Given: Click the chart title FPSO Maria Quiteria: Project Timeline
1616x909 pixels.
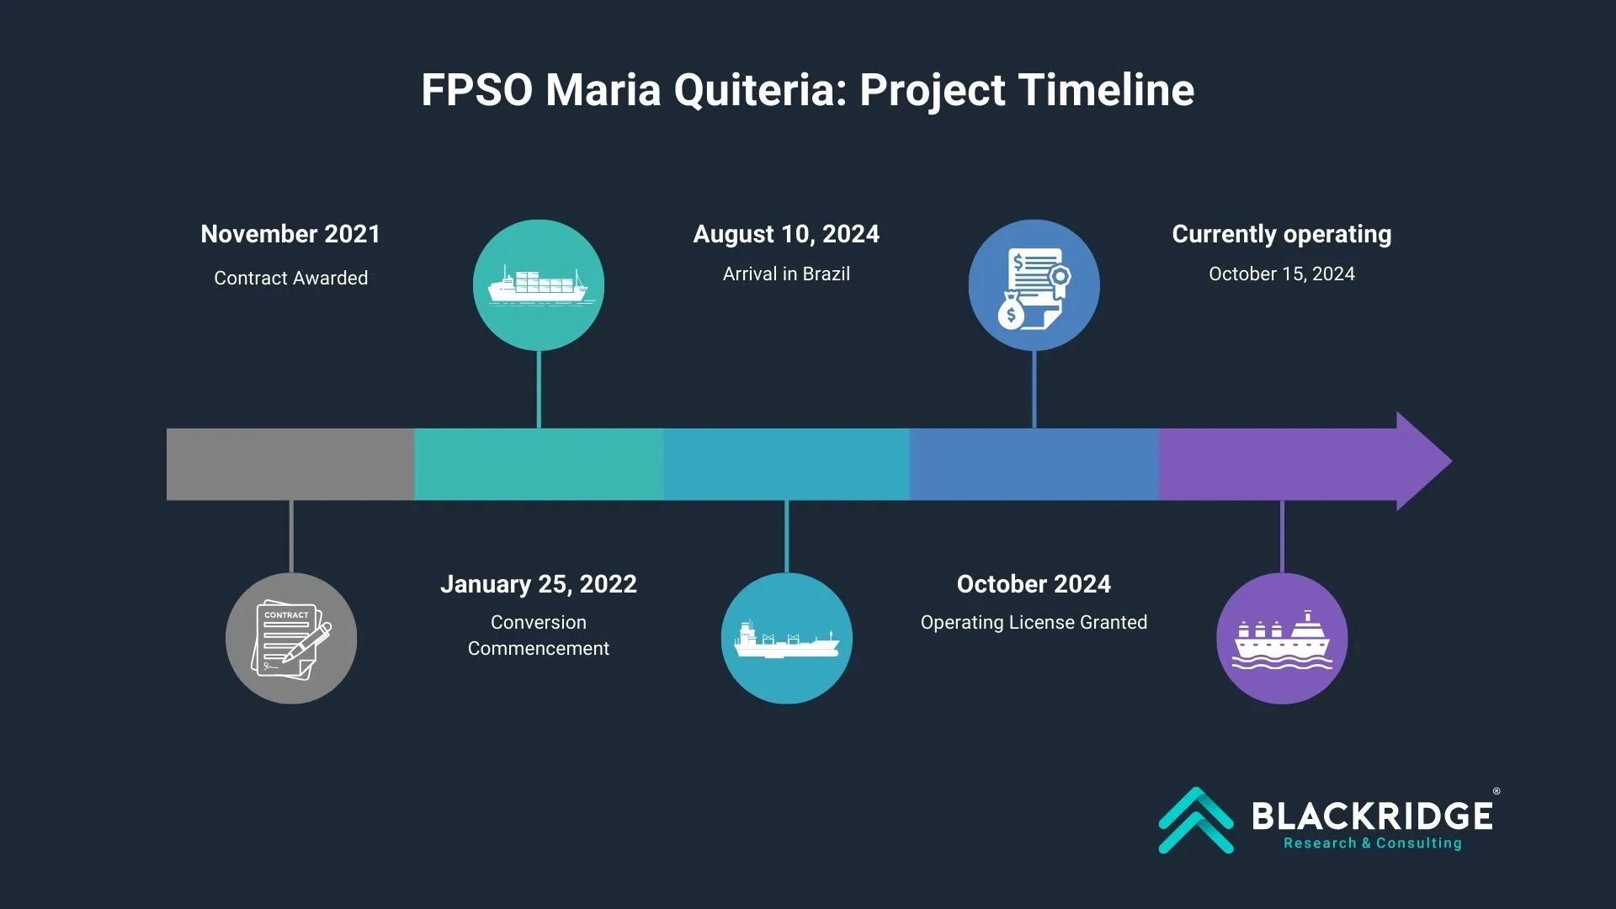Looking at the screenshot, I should coord(807,90).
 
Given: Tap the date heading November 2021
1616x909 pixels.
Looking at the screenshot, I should coord(290,234).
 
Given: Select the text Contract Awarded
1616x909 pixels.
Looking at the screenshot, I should coord(290,278).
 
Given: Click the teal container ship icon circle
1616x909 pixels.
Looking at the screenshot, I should coord(539,285).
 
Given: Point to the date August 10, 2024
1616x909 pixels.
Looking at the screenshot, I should coord(786,234).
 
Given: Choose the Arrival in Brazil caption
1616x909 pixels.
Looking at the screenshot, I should coord(786,274).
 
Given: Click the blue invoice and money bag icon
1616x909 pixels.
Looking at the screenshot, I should coord(1034,285).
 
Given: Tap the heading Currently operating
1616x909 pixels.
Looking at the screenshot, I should coord(1281,234).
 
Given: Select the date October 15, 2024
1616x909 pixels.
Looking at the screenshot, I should coord(1281,274).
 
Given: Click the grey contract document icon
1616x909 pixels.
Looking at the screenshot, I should coord(291,638).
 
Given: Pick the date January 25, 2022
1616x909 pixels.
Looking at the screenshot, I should coord(539,584).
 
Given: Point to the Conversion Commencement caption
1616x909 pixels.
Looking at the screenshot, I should coord(539,635).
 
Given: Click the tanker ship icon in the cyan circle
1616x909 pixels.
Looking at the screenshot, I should coord(786,638).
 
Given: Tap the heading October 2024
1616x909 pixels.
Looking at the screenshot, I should coord(1034,584).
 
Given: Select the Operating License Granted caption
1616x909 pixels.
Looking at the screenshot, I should coord(1034,622).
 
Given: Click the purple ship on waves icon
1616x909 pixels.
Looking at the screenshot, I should coord(1281,638).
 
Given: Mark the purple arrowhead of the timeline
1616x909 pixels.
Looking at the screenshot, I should coord(1422,461).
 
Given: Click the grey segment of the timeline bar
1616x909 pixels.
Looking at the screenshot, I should coord(290,464).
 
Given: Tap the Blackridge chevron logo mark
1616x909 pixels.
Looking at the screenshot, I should coord(1196,820).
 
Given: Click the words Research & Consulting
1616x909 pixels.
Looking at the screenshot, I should coord(1372,843).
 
